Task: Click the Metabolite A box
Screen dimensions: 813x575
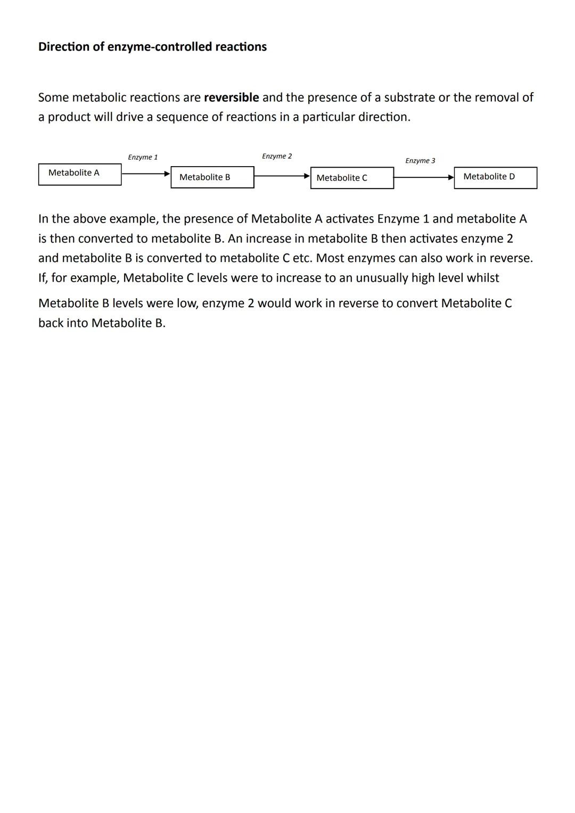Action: pyautogui.click(x=80, y=174)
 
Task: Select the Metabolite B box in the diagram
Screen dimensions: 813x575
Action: pyautogui.click(x=212, y=177)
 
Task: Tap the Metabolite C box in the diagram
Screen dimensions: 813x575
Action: pyautogui.click(x=352, y=178)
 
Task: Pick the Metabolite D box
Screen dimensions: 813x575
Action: pyautogui.click(x=495, y=177)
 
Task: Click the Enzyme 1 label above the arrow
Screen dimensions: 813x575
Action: pyautogui.click(x=143, y=158)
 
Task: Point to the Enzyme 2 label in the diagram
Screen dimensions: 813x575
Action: pyautogui.click(x=277, y=157)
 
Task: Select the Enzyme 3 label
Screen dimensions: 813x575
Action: pyautogui.click(x=420, y=161)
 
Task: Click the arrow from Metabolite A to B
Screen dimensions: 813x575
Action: pyautogui.click(x=145, y=174)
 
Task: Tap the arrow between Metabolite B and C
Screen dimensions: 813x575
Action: pyautogui.click(x=282, y=176)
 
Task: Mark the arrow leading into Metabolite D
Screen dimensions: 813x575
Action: pyautogui.click(x=423, y=178)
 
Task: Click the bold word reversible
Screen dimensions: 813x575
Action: pyautogui.click(x=231, y=98)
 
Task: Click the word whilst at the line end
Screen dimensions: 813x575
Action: pyautogui.click(x=483, y=278)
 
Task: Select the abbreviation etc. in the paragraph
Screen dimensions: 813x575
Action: pyautogui.click(x=302, y=258)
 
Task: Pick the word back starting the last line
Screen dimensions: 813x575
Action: pyautogui.click(x=51, y=323)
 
